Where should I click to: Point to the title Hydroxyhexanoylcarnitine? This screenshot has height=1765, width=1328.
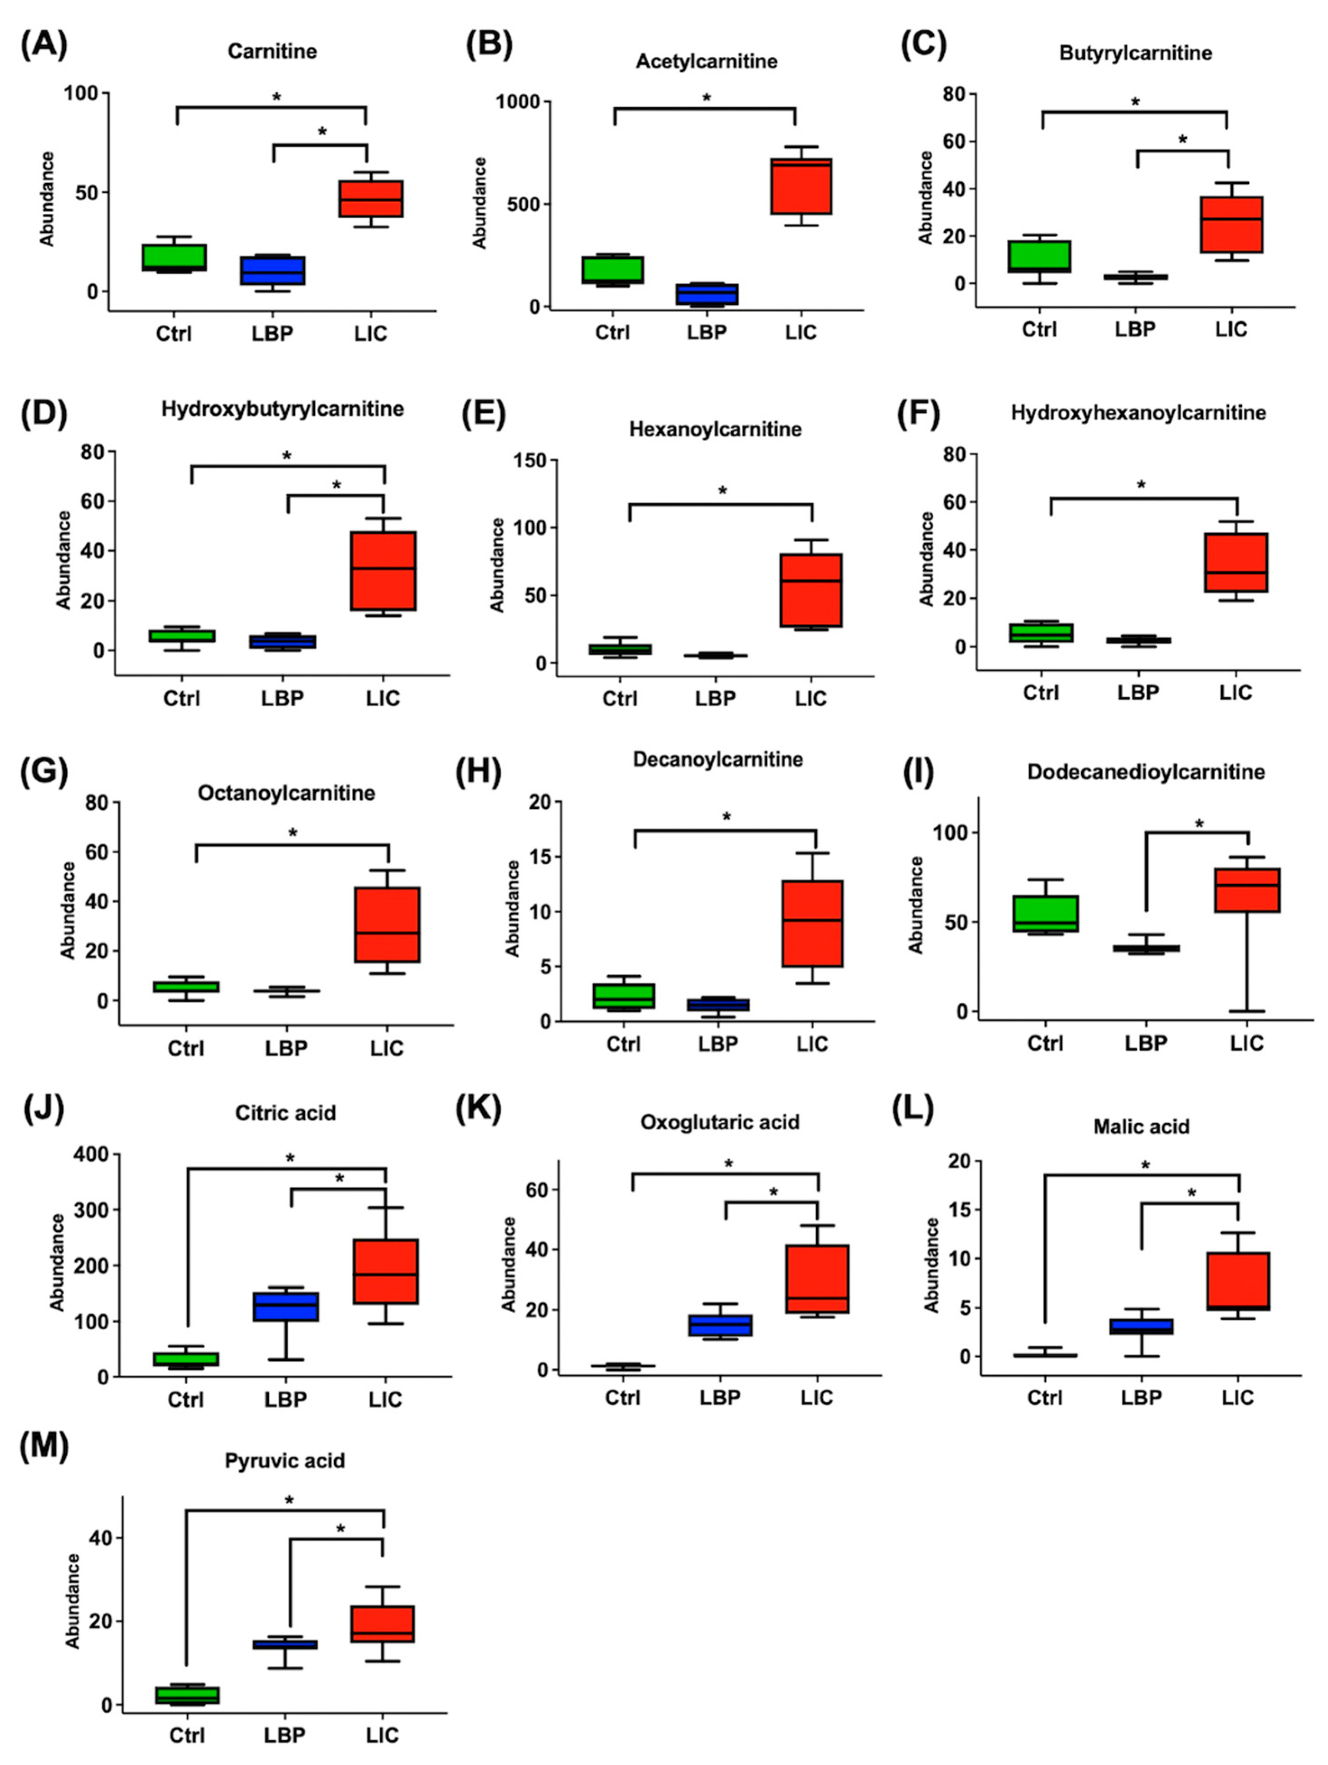tap(1138, 413)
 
